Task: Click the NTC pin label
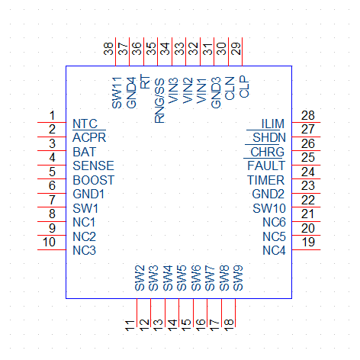click(85, 124)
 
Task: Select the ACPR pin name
click(89, 138)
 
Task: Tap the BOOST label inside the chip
click(94, 180)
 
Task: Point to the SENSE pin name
click(93, 166)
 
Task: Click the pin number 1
click(52, 115)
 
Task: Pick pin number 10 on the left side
click(49, 242)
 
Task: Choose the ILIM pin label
click(273, 124)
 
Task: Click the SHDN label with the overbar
click(269, 138)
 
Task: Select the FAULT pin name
click(266, 166)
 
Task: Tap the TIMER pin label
click(265, 180)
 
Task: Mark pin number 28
click(308, 115)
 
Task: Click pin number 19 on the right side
click(308, 242)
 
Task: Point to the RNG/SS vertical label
click(159, 101)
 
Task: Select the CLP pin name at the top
click(244, 87)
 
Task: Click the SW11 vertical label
click(117, 93)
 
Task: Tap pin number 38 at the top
click(108, 49)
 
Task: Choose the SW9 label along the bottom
click(238, 278)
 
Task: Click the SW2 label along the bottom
click(140, 278)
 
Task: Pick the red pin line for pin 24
click(306, 179)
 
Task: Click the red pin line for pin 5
click(52, 179)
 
